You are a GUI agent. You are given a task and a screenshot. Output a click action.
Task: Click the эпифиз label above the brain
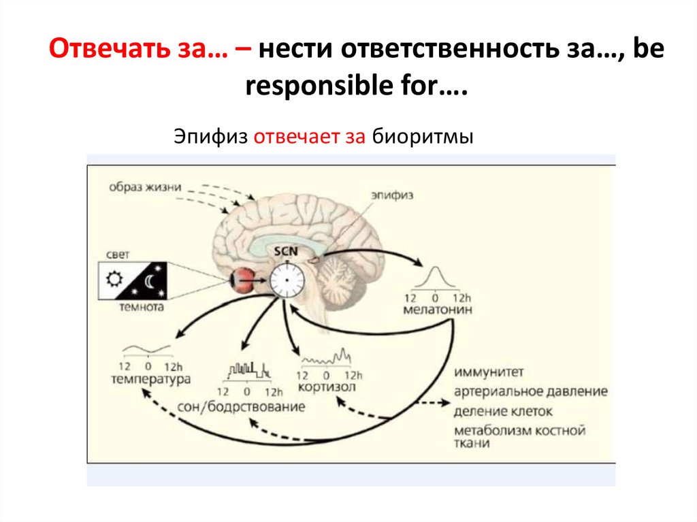(392, 195)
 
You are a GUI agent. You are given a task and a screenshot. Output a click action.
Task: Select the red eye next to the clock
(242, 278)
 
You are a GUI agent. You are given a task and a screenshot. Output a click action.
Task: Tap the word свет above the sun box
(118, 255)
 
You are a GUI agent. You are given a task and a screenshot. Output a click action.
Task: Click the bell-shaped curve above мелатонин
(436, 279)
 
